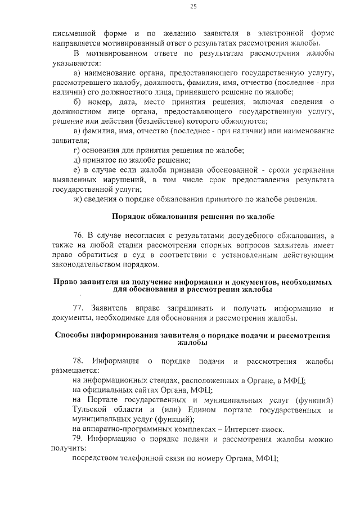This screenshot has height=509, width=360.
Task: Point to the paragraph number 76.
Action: tap(79, 235)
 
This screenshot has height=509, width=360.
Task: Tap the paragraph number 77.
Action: tap(79, 309)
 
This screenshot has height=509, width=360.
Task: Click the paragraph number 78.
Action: tap(79, 361)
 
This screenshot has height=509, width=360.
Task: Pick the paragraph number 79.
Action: tap(78, 437)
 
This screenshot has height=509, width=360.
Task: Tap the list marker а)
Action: tap(78, 74)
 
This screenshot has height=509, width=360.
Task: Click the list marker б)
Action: tap(78, 102)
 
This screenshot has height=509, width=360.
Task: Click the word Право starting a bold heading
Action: tap(65, 280)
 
